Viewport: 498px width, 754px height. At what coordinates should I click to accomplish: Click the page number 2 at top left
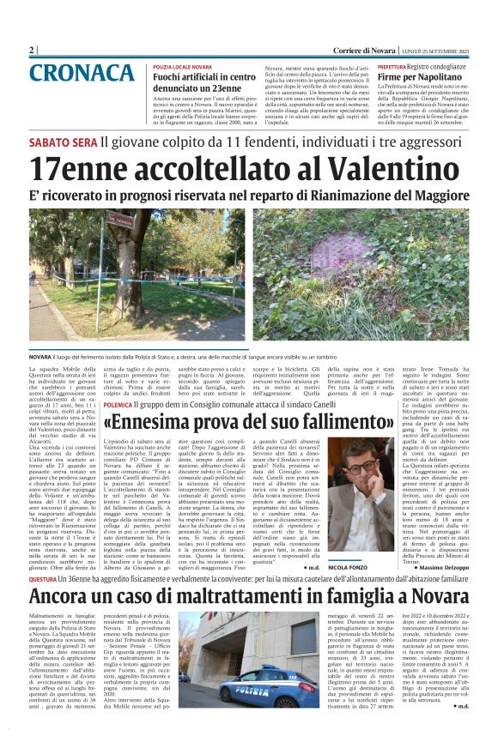tap(32, 50)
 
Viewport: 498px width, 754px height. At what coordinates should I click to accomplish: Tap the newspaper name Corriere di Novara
tap(358, 50)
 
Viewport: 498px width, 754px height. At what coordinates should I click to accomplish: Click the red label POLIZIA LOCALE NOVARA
tap(182, 66)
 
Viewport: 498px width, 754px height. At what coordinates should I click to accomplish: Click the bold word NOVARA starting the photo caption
tap(39, 356)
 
